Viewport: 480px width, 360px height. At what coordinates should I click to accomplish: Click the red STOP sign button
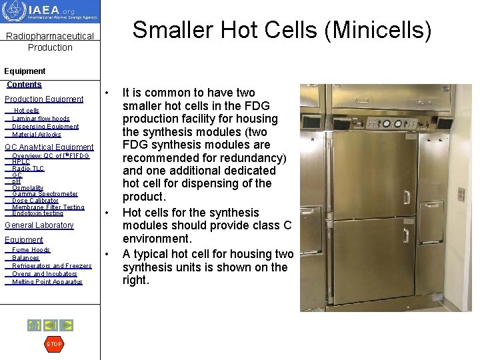pyautogui.click(x=54, y=344)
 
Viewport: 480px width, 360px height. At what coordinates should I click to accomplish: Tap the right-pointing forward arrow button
pyautogui.click(x=67, y=325)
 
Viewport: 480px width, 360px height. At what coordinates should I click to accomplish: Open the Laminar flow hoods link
pyautogui.click(x=41, y=119)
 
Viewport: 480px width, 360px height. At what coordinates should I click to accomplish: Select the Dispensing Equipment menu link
pyautogui.click(x=45, y=127)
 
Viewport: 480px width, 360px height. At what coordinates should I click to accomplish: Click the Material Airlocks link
pyautogui.click(x=37, y=135)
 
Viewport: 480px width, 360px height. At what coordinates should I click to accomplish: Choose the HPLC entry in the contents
pyautogui.click(x=21, y=162)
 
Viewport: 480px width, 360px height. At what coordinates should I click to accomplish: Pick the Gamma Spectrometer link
pyautogui.click(x=45, y=194)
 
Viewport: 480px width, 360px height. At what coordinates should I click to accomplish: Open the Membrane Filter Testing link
pyautogui.click(x=48, y=207)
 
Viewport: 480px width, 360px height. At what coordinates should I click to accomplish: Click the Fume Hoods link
pyautogui.click(x=31, y=250)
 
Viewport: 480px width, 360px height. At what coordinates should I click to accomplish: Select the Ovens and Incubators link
pyautogui.click(x=45, y=274)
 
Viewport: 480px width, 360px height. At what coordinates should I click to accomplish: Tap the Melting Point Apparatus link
pyautogui.click(x=47, y=282)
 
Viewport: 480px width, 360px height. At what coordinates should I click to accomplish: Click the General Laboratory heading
pyautogui.click(x=39, y=225)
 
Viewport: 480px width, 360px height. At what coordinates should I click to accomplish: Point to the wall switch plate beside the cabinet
pyautogui.click(x=461, y=194)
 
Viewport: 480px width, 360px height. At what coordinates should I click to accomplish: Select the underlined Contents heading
pyautogui.click(x=24, y=85)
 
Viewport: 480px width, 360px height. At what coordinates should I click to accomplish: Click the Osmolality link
pyautogui.click(x=28, y=188)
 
